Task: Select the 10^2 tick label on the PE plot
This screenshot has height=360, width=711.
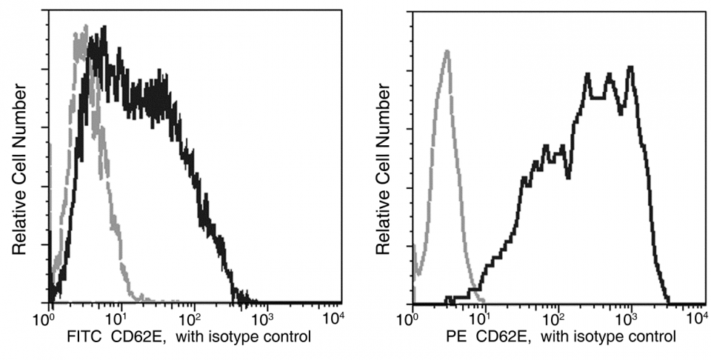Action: pos(555,318)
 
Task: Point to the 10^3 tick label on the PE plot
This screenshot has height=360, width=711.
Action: pos(627,318)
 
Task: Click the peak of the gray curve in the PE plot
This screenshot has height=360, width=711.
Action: pos(447,51)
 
